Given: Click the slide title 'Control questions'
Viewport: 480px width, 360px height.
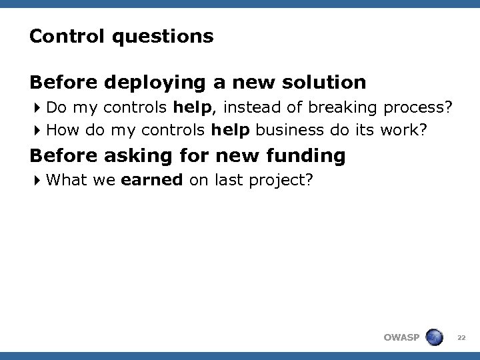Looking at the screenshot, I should click(x=121, y=36).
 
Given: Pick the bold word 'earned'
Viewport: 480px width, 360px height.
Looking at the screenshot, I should click(x=152, y=179).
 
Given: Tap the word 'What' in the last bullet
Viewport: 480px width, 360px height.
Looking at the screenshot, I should click(x=67, y=179).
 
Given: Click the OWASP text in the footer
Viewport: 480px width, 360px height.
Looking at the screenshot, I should click(x=401, y=337).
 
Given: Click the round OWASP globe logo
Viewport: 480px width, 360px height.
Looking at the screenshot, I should click(x=434, y=337).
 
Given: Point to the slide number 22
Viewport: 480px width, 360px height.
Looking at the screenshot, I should click(x=461, y=338).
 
